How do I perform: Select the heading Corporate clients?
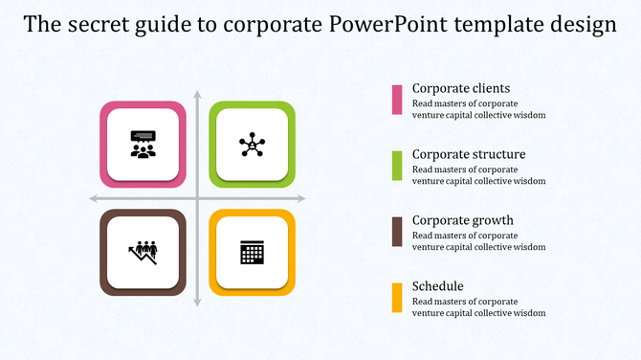pos(454,88)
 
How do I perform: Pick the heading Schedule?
pos(438,286)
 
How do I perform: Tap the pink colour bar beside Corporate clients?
pos(397,100)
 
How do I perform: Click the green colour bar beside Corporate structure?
pos(397,166)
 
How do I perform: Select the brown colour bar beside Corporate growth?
pos(397,232)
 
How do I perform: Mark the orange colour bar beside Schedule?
pos(397,298)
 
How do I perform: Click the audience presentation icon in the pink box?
pos(144,145)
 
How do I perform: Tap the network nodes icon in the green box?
pos(252,145)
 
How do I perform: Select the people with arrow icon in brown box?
pos(144,252)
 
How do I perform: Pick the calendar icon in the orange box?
pos(252,253)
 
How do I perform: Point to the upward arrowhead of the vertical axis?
pos(197,95)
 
